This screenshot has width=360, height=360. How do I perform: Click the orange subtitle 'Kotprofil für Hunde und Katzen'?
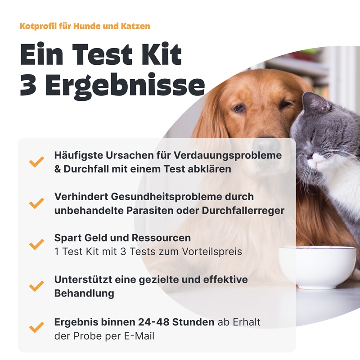tap(85, 26)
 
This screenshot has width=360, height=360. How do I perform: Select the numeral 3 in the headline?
tap(28, 85)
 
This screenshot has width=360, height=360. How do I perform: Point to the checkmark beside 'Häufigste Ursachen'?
tap(36, 162)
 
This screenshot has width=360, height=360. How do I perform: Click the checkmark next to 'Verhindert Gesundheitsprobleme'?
tap(36, 203)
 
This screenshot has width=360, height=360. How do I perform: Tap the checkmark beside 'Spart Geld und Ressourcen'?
tap(36, 244)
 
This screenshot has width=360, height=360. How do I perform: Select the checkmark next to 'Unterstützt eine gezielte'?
tap(36, 286)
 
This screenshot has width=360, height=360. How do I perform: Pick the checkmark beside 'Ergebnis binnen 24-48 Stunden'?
tap(36, 327)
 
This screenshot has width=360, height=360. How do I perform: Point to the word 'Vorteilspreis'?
tap(213, 251)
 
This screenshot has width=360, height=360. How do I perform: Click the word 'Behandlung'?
tap(84, 293)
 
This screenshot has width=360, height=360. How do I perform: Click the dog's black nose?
tap(265, 143)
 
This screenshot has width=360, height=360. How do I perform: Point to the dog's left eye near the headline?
tap(239, 108)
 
